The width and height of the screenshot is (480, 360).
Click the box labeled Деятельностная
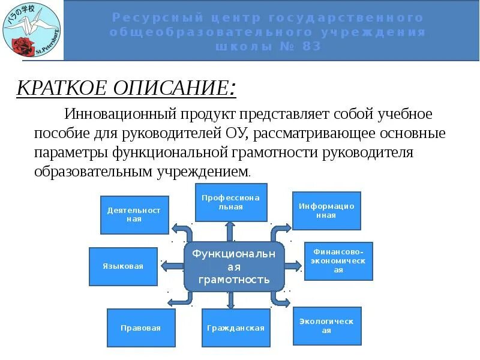point(134,215)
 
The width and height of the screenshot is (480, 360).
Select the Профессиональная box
point(231,202)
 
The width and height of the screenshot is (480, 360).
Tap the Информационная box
point(326,211)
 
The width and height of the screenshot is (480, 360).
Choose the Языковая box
point(123,266)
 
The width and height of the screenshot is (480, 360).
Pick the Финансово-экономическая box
point(338,261)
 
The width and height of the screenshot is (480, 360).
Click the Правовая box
point(141,328)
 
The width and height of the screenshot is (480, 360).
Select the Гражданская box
point(236,328)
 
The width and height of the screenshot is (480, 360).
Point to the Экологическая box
point(327,326)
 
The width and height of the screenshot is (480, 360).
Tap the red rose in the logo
point(23,45)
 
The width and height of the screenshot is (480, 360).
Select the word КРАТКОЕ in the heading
point(58,89)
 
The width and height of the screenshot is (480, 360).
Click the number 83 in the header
point(308,46)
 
